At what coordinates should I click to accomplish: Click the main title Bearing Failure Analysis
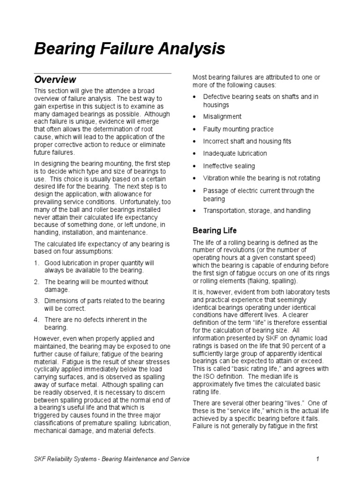click(x=129, y=49)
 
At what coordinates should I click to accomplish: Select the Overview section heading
click(x=55, y=80)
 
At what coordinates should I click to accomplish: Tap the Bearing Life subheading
click(x=215, y=231)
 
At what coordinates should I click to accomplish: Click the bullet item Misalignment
click(x=223, y=117)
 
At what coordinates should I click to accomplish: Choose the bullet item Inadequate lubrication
click(x=235, y=154)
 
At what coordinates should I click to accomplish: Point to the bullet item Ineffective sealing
click(x=229, y=166)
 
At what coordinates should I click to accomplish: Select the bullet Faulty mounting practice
click(x=238, y=129)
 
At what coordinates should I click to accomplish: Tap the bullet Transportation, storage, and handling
click(x=256, y=211)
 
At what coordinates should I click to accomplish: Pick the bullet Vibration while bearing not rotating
click(x=262, y=178)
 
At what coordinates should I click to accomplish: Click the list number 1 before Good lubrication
click(x=37, y=263)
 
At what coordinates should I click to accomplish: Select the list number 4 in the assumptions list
click(x=37, y=320)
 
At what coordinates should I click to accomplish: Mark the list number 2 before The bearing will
click(x=37, y=282)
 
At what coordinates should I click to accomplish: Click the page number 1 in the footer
click(x=317, y=459)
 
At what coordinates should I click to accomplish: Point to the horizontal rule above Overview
click(x=103, y=73)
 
